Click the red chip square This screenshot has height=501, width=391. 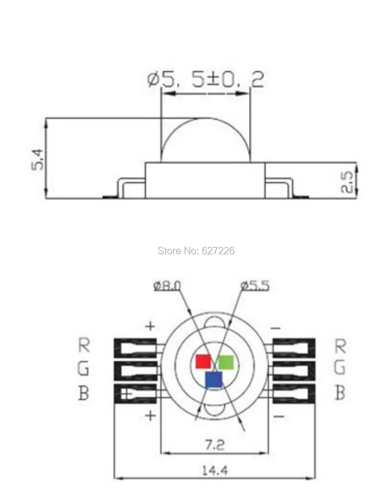coord(203,362)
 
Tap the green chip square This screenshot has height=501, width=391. coord(226,362)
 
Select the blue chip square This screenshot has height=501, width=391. coord(214,379)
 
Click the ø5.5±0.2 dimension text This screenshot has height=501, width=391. coord(205,80)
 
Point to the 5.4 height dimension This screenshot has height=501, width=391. coord(37,159)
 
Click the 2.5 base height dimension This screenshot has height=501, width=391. coord(346,182)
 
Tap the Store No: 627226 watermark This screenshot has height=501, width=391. coord(196,251)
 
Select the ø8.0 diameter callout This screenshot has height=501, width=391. coord(167,286)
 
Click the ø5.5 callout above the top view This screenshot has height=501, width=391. coord(255,286)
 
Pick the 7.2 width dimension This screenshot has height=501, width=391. coord(214,445)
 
